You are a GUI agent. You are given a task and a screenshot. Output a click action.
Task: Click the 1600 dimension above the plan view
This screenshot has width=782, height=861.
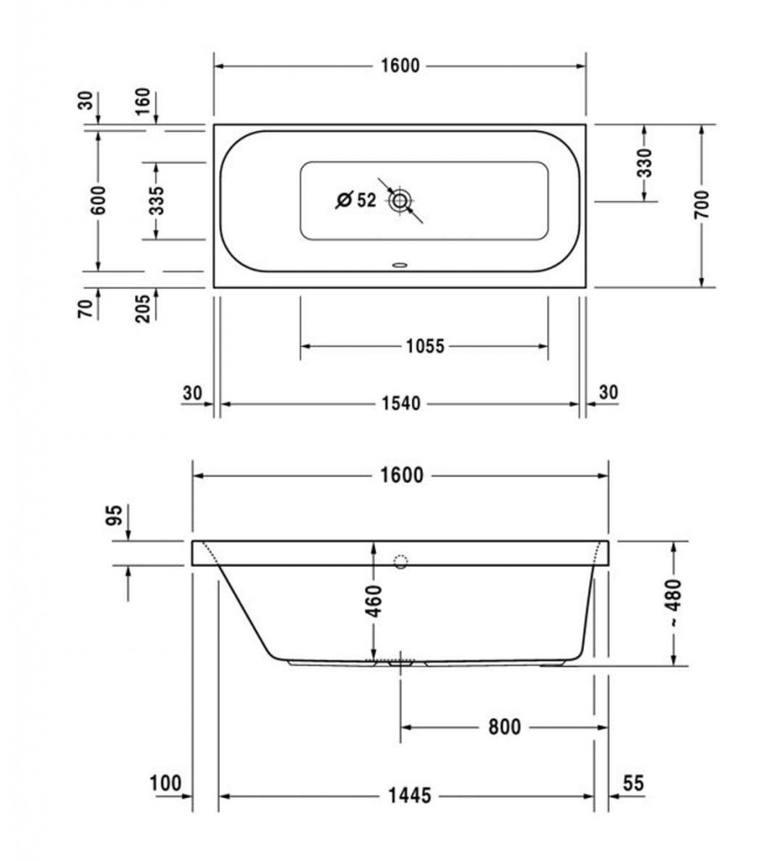pyautogui.click(x=399, y=66)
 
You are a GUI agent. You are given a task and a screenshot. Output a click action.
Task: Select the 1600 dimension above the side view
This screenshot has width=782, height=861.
pyautogui.click(x=401, y=475)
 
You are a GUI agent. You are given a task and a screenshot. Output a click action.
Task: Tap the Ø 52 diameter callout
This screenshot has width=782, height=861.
pyautogui.click(x=356, y=200)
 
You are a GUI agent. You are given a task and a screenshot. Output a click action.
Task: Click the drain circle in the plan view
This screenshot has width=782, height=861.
pyautogui.click(x=399, y=200)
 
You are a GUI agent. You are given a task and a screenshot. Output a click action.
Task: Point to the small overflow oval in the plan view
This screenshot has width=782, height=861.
pyautogui.click(x=399, y=266)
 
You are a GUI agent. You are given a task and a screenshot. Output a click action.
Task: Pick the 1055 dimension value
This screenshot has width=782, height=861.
pyautogui.click(x=425, y=346)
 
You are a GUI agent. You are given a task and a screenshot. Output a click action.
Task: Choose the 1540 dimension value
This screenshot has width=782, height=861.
pyautogui.click(x=401, y=404)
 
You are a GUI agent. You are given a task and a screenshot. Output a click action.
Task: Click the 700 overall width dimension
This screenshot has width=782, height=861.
pyautogui.click(x=701, y=204)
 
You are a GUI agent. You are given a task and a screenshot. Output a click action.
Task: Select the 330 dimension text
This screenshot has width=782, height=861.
pyautogui.click(x=645, y=162)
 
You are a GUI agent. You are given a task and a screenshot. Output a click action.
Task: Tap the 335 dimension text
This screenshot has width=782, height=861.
pyautogui.click(x=156, y=200)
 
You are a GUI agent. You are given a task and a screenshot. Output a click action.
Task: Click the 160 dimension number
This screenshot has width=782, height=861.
pyautogui.click(x=142, y=101)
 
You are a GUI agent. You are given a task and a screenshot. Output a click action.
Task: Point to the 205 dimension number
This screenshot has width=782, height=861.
pyautogui.click(x=142, y=309)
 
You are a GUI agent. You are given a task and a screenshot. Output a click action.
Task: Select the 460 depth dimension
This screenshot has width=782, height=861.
pyautogui.click(x=373, y=601)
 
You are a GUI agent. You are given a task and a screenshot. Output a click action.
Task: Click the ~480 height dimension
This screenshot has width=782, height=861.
pyautogui.click(x=674, y=603)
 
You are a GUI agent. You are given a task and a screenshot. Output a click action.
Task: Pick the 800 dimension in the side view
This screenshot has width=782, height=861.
pyautogui.click(x=505, y=727)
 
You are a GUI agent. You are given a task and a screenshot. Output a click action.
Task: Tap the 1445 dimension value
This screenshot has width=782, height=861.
pyautogui.click(x=409, y=795)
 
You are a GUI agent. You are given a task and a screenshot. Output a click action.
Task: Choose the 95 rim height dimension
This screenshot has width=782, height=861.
pyautogui.click(x=114, y=515)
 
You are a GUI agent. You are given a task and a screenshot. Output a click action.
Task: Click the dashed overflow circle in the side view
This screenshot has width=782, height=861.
pyautogui.click(x=401, y=561)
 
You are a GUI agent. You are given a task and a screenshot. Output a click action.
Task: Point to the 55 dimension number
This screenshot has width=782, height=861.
pyautogui.click(x=632, y=784)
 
